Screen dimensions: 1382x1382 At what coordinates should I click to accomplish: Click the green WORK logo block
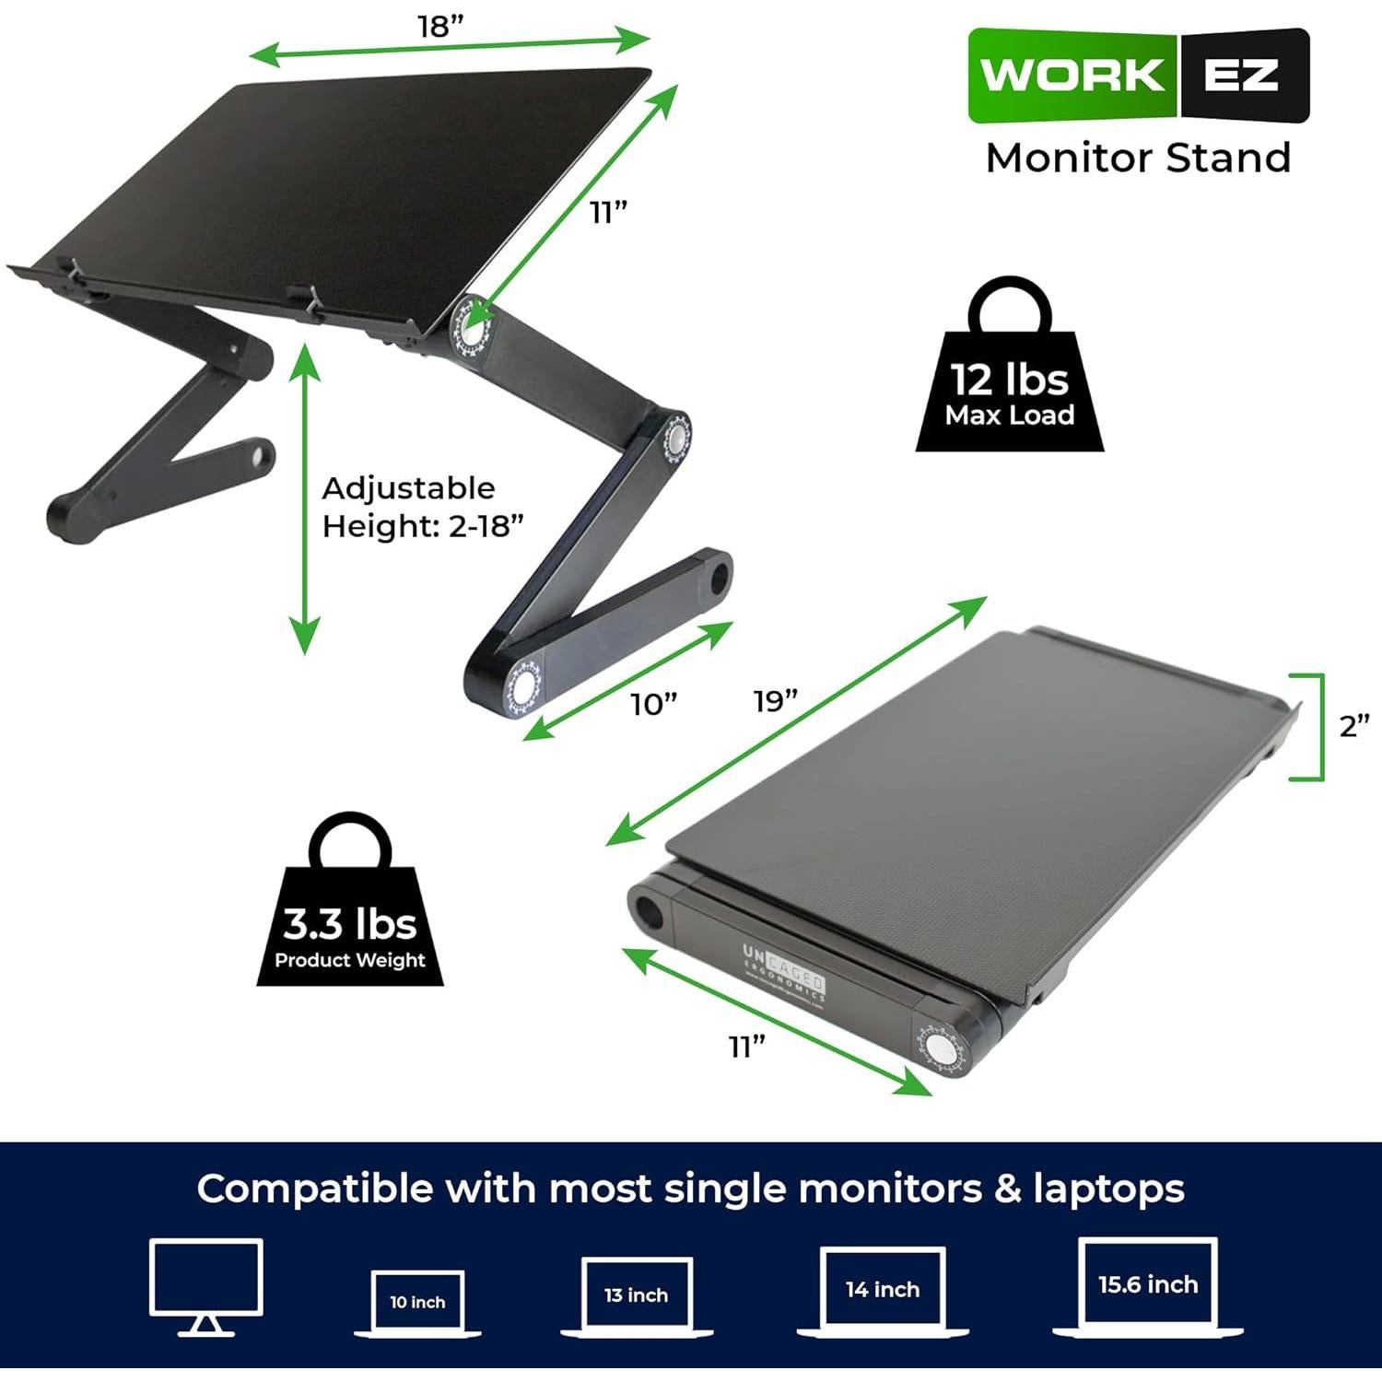point(1072,75)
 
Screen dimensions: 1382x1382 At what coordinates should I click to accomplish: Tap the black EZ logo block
point(1243,75)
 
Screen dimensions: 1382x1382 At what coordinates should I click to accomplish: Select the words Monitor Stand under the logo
point(1138,158)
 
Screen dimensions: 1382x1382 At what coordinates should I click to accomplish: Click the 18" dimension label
point(439,26)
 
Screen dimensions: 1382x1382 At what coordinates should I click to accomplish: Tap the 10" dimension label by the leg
point(653,705)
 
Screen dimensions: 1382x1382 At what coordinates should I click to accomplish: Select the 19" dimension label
point(775,701)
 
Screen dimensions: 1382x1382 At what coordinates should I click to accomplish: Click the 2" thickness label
point(1353,726)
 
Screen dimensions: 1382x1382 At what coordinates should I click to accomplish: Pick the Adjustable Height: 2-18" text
point(422,507)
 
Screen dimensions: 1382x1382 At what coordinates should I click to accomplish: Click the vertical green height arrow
point(305,498)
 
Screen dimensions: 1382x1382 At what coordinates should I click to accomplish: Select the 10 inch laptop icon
point(417,1302)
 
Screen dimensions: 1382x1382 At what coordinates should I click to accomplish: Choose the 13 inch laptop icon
point(636,1295)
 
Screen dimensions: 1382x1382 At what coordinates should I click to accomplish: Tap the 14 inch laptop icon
point(882,1290)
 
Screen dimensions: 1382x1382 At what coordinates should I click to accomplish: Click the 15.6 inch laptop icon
point(1147,1285)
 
